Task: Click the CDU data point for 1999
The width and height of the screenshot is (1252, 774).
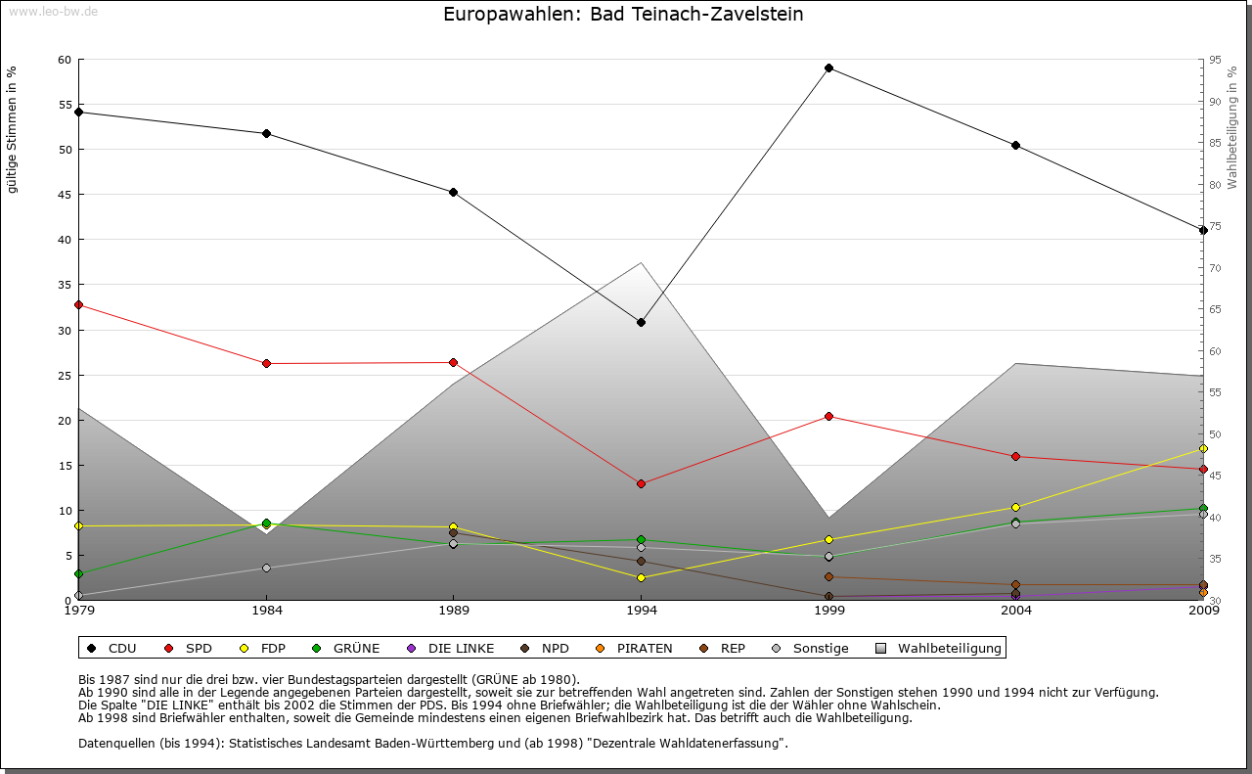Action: tap(828, 68)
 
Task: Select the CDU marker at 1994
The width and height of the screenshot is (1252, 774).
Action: tap(641, 322)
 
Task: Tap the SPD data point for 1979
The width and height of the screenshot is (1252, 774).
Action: tap(78, 304)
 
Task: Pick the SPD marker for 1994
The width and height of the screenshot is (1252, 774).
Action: tap(641, 483)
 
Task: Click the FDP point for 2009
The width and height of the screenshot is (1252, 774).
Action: tap(1203, 448)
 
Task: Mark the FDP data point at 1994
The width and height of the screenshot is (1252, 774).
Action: tap(641, 577)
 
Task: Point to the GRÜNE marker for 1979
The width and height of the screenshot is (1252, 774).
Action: tap(78, 573)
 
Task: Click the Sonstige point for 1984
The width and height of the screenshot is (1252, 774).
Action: tap(266, 568)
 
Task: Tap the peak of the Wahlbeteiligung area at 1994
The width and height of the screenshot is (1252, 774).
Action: tap(641, 262)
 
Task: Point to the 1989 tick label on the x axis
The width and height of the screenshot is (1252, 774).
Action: tap(454, 611)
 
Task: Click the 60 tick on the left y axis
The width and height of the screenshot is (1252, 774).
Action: tap(66, 60)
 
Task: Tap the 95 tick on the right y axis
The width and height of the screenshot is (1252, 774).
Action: tap(1215, 60)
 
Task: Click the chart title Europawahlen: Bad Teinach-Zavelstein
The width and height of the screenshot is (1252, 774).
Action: tap(623, 15)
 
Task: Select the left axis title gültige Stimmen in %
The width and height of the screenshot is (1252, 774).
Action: tap(13, 129)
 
